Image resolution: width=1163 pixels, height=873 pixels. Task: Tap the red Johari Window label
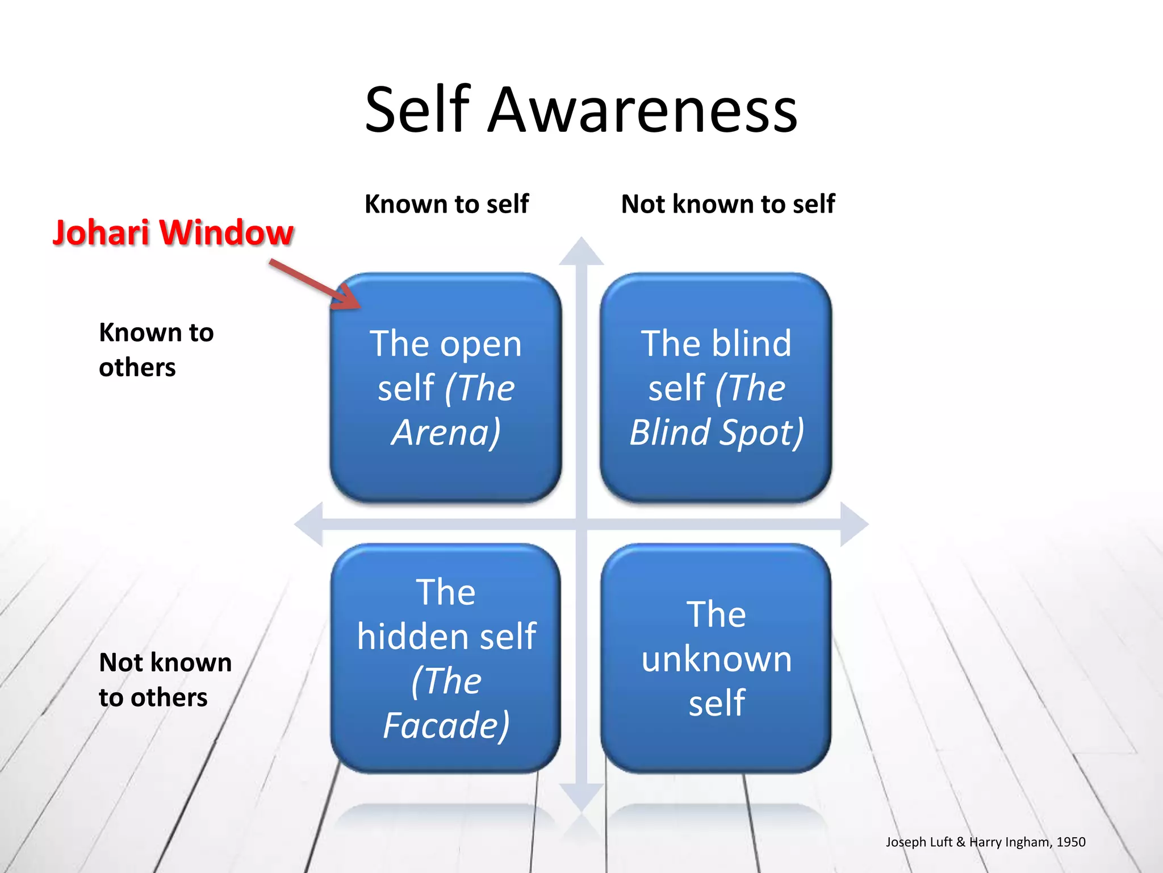(x=173, y=233)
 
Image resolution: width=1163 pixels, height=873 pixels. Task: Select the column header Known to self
(x=446, y=204)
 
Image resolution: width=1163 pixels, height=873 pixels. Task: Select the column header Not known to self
(x=727, y=204)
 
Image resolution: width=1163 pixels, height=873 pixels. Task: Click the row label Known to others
(x=156, y=350)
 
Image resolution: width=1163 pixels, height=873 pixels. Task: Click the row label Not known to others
(x=165, y=680)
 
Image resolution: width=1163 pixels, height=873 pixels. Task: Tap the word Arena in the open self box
(x=443, y=433)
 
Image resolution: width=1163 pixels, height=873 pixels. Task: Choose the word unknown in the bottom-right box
(x=717, y=659)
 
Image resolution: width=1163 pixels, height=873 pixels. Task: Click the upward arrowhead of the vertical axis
(x=581, y=253)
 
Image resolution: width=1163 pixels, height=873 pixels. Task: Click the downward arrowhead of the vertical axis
(x=581, y=796)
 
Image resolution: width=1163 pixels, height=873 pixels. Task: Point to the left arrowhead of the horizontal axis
(x=309, y=524)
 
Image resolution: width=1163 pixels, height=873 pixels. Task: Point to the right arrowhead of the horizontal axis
(x=853, y=524)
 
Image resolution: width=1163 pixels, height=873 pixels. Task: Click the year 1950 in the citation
(x=1070, y=842)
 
